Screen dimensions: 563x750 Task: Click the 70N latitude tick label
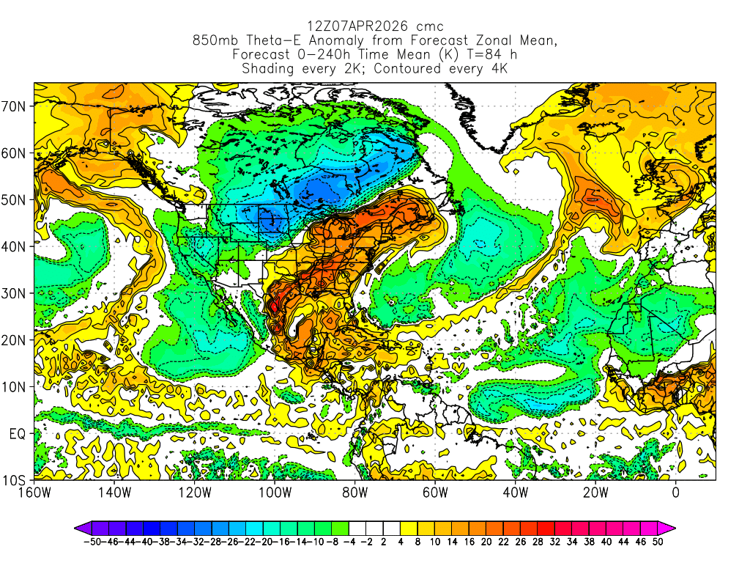(x=16, y=106)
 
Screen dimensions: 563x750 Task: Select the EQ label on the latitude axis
(x=18, y=434)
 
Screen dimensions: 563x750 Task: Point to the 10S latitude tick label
(x=16, y=481)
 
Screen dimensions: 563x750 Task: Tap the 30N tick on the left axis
(x=16, y=293)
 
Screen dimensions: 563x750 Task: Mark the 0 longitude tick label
(x=675, y=493)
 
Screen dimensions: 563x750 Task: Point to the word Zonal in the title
(x=480, y=41)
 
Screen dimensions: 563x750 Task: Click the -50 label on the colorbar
(x=92, y=542)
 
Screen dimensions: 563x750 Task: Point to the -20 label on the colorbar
(x=270, y=542)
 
